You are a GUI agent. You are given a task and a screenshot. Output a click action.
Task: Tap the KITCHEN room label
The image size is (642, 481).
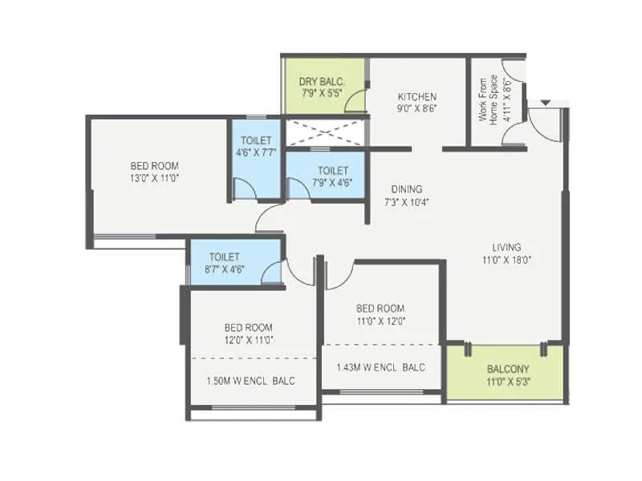pyautogui.click(x=416, y=96)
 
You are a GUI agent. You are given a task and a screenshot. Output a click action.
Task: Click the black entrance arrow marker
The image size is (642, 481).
pyautogui.click(x=546, y=103)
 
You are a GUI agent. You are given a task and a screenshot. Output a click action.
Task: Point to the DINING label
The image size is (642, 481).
pyautogui.click(x=407, y=189)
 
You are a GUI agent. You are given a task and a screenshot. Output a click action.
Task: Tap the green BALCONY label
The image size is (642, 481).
pyautogui.click(x=506, y=370)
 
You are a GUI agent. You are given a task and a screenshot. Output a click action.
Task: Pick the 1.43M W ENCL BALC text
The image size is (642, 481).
pyautogui.click(x=382, y=367)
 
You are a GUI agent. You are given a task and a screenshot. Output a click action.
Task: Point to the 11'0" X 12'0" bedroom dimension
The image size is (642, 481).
pyautogui.click(x=380, y=321)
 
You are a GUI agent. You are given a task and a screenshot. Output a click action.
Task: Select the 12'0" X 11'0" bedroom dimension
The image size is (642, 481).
pyautogui.click(x=248, y=340)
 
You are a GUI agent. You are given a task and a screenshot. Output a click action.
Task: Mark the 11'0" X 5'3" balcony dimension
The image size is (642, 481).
pyautogui.click(x=506, y=382)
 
